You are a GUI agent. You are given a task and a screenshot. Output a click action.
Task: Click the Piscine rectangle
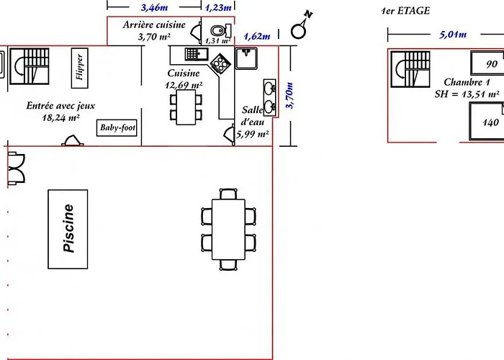(x=68, y=229)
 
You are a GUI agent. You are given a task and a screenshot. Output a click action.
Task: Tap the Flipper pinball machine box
(x=79, y=68)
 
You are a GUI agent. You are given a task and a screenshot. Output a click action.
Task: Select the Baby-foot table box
(x=117, y=127)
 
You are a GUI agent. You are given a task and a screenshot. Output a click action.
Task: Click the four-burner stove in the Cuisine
(x=220, y=63)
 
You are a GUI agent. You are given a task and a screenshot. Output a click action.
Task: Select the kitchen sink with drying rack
(x=197, y=54)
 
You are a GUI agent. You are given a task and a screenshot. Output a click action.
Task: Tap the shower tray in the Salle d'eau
(x=246, y=58)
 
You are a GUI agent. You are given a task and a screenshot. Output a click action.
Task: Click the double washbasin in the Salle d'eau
(x=269, y=97)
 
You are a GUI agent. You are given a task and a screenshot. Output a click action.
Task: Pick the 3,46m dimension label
(x=154, y=7)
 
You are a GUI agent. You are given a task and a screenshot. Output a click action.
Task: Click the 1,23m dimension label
(x=218, y=7)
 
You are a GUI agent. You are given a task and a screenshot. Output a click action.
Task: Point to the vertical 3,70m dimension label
(x=289, y=96)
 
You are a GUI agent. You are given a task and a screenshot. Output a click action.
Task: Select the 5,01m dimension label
(x=453, y=34)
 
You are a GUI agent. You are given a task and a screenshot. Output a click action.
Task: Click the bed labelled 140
(x=486, y=121)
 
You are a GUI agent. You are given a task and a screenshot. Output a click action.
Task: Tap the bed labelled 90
(x=487, y=63)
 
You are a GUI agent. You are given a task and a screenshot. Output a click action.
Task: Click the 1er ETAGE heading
(x=405, y=11)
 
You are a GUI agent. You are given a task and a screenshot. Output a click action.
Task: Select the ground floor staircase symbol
(x=30, y=66)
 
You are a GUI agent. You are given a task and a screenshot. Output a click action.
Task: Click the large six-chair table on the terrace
(x=228, y=230)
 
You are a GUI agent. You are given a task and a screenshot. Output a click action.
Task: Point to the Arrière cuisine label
(x=154, y=24)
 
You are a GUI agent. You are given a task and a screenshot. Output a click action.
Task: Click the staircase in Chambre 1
(x=410, y=69)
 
